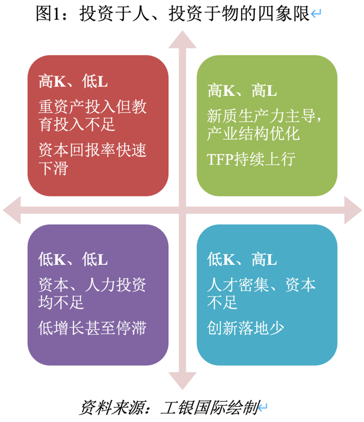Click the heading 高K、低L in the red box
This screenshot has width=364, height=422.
(x=73, y=82)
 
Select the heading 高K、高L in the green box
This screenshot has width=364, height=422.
(x=242, y=91)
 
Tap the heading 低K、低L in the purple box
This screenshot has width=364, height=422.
(x=73, y=258)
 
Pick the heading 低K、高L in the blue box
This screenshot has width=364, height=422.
(x=242, y=258)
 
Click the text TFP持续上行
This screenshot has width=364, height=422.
(x=251, y=158)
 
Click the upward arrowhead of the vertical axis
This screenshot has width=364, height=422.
(x=182, y=39)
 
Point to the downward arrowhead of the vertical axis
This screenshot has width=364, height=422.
(x=182, y=382)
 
